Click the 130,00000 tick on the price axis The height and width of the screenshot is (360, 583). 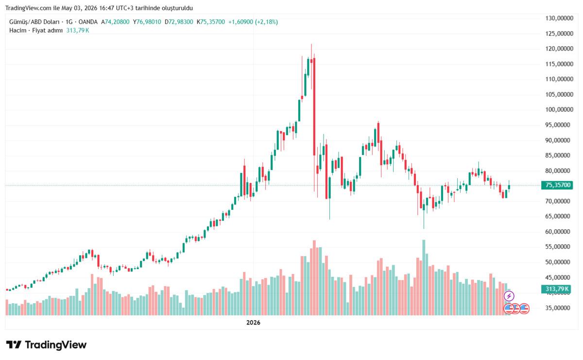pos(559,18)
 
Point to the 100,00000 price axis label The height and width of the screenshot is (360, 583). pos(559,110)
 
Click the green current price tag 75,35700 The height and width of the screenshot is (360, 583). pos(557,185)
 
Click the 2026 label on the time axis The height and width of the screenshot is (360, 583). pos(253,323)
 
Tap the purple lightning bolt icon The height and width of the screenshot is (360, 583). pos(509,296)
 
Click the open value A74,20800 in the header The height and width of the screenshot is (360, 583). pos(115,22)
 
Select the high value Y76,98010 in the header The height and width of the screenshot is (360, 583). pos(147,22)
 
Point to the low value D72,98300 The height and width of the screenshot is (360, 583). pos(179,22)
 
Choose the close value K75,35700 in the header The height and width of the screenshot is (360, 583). pos(211,22)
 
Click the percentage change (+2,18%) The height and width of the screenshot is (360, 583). pos(267,22)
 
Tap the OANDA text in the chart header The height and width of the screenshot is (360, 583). pos(88,22)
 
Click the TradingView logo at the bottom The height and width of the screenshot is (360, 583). pos(46,345)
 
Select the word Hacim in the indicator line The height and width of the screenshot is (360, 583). pos(17,31)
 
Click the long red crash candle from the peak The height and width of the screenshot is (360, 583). pos(314,107)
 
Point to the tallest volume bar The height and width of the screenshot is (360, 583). pos(424,277)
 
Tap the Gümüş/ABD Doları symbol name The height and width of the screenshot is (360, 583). pos(34,22)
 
